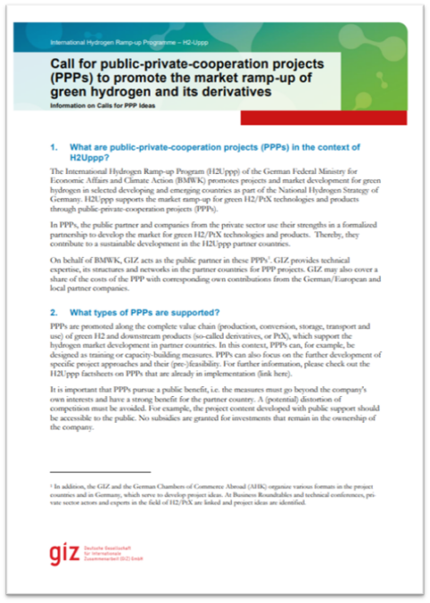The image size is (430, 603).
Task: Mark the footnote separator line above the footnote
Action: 99,471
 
